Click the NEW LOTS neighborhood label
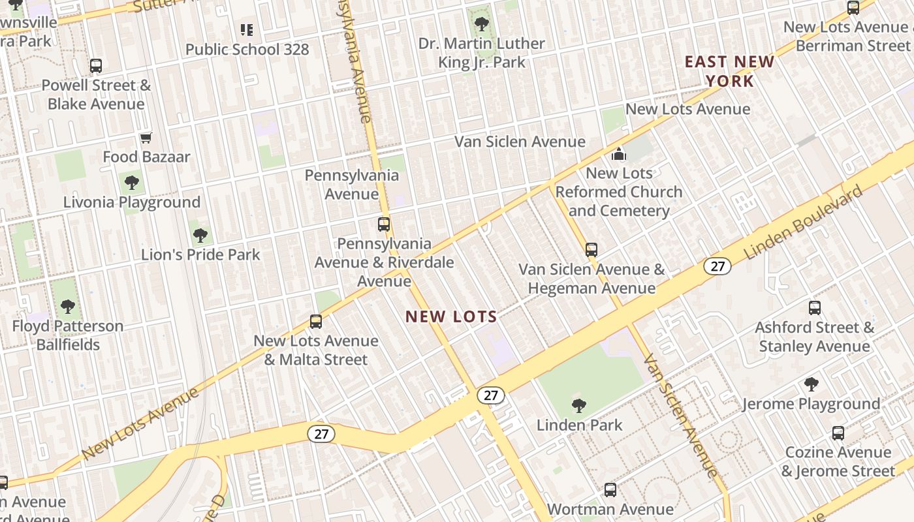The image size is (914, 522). pyautogui.click(x=451, y=317)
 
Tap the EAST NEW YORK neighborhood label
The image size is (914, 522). pyautogui.click(x=729, y=72)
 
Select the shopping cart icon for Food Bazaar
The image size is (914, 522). pyautogui.click(x=146, y=138)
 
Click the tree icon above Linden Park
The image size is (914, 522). pyautogui.click(x=578, y=406)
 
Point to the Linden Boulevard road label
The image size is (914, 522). pyautogui.click(x=802, y=221)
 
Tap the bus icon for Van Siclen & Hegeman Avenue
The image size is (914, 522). pyautogui.click(x=591, y=250)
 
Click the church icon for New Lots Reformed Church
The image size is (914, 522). pyautogui.click(x=618, y=155)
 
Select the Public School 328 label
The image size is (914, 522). pyautogui.click(x=247, y=50)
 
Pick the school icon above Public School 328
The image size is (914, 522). pyautogui.click(x=246, y=29)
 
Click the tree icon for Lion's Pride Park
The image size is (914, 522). pyautogui.click(x=200, y=235)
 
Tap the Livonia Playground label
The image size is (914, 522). pyautogui.click(x=132, y=202)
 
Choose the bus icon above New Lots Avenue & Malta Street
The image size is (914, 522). pyautogui.click(x=316, y=321)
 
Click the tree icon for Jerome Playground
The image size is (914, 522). pyautogui.click(x=812, y=384)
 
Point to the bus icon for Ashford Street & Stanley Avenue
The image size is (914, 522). pyautogui.click(x=815, y=308)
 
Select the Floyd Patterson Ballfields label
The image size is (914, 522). pyautogui.click(x=68, y=335)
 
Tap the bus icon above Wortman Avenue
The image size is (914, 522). pyautogui.click(x=610, y=489)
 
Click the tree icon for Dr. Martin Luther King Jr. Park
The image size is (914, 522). pyautogui.click(x=482, y=24)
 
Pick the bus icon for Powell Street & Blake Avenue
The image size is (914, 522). pyautogui.click(x=96, y=66)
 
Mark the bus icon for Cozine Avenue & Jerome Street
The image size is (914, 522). pyautogui.click(x=838, y=433)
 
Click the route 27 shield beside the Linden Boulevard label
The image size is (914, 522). pyautogui.click(x=717, y=266)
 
